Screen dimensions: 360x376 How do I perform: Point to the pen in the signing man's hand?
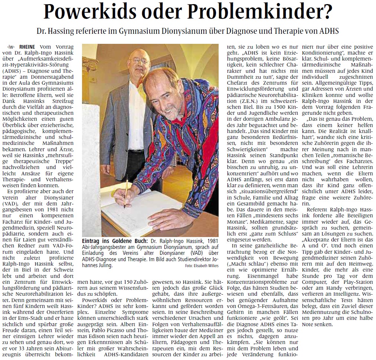(126, 193)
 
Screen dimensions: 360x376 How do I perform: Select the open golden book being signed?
(145, 212)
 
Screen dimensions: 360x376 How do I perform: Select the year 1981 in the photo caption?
(212, 240)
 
